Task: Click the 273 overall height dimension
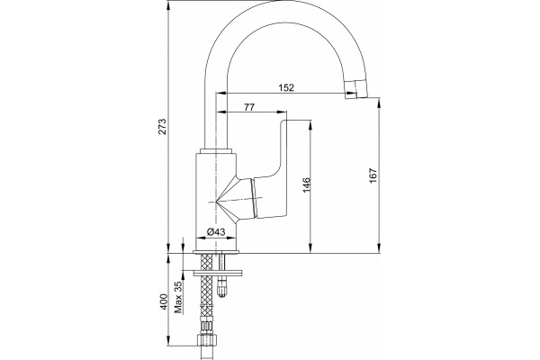(x=162, y=126)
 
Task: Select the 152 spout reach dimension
(x=286, y=88)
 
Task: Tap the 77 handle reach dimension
(x=249, y=107)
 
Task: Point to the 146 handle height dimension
(x=307, y=184)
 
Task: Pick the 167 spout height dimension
(x=373, y=175)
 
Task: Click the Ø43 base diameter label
(x=216, y=232)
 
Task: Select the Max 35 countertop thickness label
(x=178, y=297)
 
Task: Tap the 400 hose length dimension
(x=164, y=301)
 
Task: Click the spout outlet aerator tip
(x=356, y=89)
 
